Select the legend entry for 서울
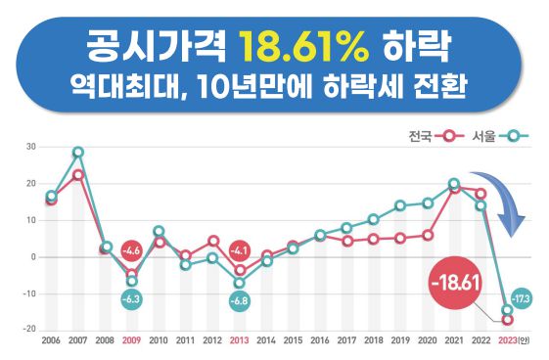click(499, 135)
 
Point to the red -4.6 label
click(132, 251)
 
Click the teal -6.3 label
click(132, 298)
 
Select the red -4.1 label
click(240, 249)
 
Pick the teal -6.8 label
click(240, 300)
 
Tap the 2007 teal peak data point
click(78, 153)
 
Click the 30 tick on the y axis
click(31, 148)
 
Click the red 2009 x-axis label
click(132, 342)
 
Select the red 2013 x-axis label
click(240, 342)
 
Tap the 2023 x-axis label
click(511, 342)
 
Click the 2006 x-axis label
click(51, 342)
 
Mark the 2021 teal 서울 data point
click(454, 183)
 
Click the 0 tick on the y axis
click(33, 256)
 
